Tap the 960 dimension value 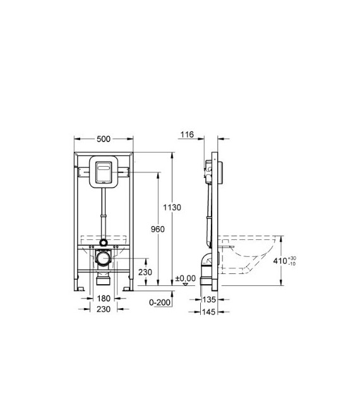(x=157, y=229)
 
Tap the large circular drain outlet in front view (x=103, y=257)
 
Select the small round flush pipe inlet (x=103, y=242)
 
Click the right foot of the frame (x=128, y=288)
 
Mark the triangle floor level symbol (x=184, y=284)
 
